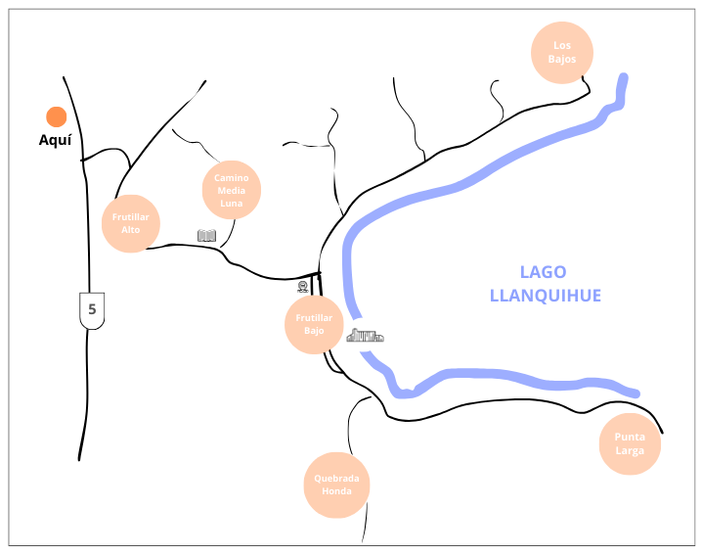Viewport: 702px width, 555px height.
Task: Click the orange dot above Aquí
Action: tap(56, 117)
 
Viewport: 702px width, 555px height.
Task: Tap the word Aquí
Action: tap(55, 141)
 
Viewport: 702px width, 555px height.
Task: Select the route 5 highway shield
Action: tap(92, 309)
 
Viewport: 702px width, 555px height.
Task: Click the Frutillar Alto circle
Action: tap(131, 223)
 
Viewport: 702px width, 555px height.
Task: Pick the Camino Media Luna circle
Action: tap(232, 190)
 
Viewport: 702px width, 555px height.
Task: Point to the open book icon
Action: tap(206, 236)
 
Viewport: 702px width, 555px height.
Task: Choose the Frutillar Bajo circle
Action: tap(314, 324)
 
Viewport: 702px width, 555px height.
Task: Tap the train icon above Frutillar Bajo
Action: tap(303, 287)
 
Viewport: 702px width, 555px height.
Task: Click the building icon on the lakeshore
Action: tap(365, 336)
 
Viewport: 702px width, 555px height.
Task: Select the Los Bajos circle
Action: tap(561, 52)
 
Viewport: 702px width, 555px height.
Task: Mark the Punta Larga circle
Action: tap(630, 444)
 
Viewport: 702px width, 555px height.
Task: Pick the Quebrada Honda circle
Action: tap(336, 485)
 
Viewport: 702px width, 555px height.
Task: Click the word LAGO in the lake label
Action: tap(543, 272)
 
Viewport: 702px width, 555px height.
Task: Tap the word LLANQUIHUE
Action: tap(545, 296)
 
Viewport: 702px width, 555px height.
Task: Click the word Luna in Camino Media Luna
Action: tap(232, 203)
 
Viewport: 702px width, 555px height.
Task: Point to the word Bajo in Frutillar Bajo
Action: tap(314, 331)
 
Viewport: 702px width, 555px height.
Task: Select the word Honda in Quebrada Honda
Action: tap(336, 491)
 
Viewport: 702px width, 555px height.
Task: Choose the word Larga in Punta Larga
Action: tap(630, 451)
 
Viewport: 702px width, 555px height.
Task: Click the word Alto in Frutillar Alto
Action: tap(131, 230)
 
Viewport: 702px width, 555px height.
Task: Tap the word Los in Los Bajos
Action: tap(561, 45)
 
